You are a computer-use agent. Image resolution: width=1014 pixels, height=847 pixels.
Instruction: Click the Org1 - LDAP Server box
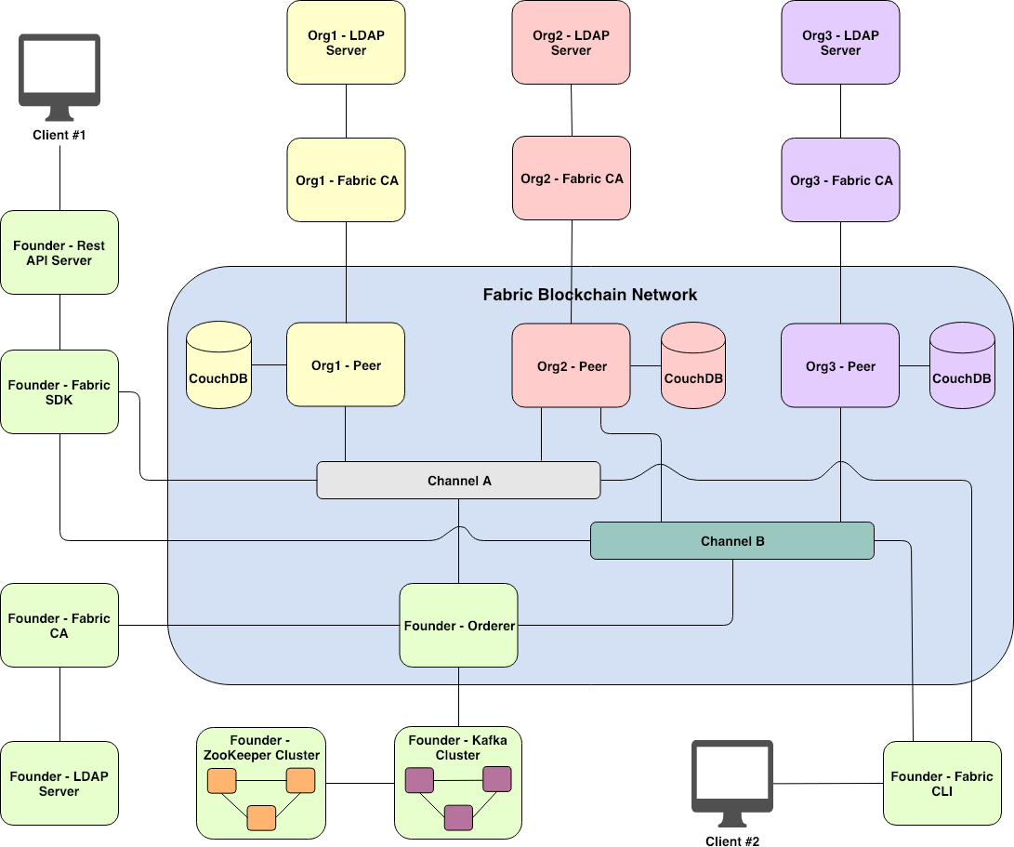click(x=346, y=43)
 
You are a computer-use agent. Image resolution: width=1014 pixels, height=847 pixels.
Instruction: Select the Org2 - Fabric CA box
click(x=572, y=179)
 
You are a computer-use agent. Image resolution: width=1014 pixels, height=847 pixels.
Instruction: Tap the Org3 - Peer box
click(x=840, y=365)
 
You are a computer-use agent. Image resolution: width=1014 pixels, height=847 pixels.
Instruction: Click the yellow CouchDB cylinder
click(x=218, y=366)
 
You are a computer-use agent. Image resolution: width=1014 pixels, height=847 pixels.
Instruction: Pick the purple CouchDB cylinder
click(x=962, y=366)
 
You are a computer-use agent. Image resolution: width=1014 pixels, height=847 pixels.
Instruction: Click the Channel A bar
click(x=459, y=481)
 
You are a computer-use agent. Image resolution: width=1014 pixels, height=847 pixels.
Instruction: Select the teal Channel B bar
click(x=732, y=541)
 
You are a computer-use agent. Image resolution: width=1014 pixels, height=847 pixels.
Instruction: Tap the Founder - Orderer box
click(x=459, y=626)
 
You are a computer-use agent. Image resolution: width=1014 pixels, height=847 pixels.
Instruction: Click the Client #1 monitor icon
click(x=60, y=77)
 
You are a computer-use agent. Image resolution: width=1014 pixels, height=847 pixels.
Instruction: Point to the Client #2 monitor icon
click(x=732, y=783)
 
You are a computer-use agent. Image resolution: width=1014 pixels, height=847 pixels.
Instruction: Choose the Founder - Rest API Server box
click(x=59, y=253)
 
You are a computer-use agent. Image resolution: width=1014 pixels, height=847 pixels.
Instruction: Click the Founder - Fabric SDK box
click(x=59, y=392)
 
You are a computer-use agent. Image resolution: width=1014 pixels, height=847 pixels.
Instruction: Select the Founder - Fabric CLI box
click(x=942, y=783)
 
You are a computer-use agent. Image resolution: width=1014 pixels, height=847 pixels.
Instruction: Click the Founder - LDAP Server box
click(x=59, y=784)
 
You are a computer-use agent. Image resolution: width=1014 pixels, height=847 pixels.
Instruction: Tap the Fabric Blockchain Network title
click(x=589, y=295)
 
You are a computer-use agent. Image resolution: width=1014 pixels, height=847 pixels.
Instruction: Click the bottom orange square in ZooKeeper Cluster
click(x=261, y=817)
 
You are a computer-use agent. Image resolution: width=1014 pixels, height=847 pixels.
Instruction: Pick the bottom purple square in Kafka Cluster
click(x=458, y=817)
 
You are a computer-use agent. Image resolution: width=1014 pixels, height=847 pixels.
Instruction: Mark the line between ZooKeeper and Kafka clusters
click(x=360, y=784)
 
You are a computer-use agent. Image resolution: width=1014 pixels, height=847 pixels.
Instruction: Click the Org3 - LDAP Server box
click(x=840, y=43)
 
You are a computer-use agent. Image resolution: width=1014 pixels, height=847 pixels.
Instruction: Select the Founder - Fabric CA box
click(x=59, y=626)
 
